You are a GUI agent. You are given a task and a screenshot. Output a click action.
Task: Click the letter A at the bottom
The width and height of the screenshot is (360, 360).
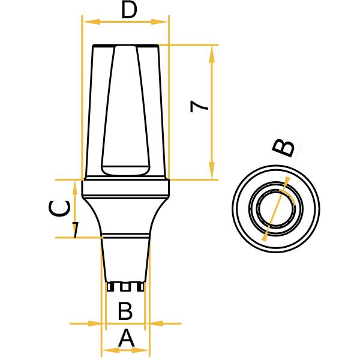click(126, 339)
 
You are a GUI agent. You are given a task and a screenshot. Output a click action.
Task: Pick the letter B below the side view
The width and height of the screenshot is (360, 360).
click(125, 311)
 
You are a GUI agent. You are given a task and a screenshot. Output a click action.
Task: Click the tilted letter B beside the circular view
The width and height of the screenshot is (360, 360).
click(284, 148)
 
